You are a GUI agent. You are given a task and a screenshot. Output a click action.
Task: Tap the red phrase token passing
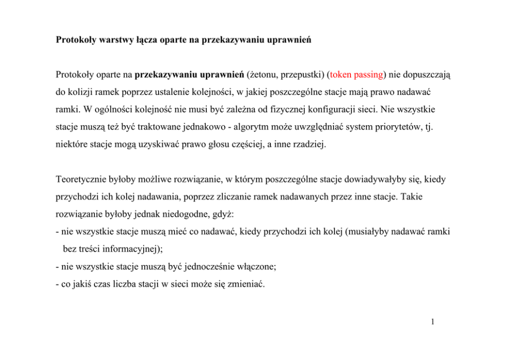356,74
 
